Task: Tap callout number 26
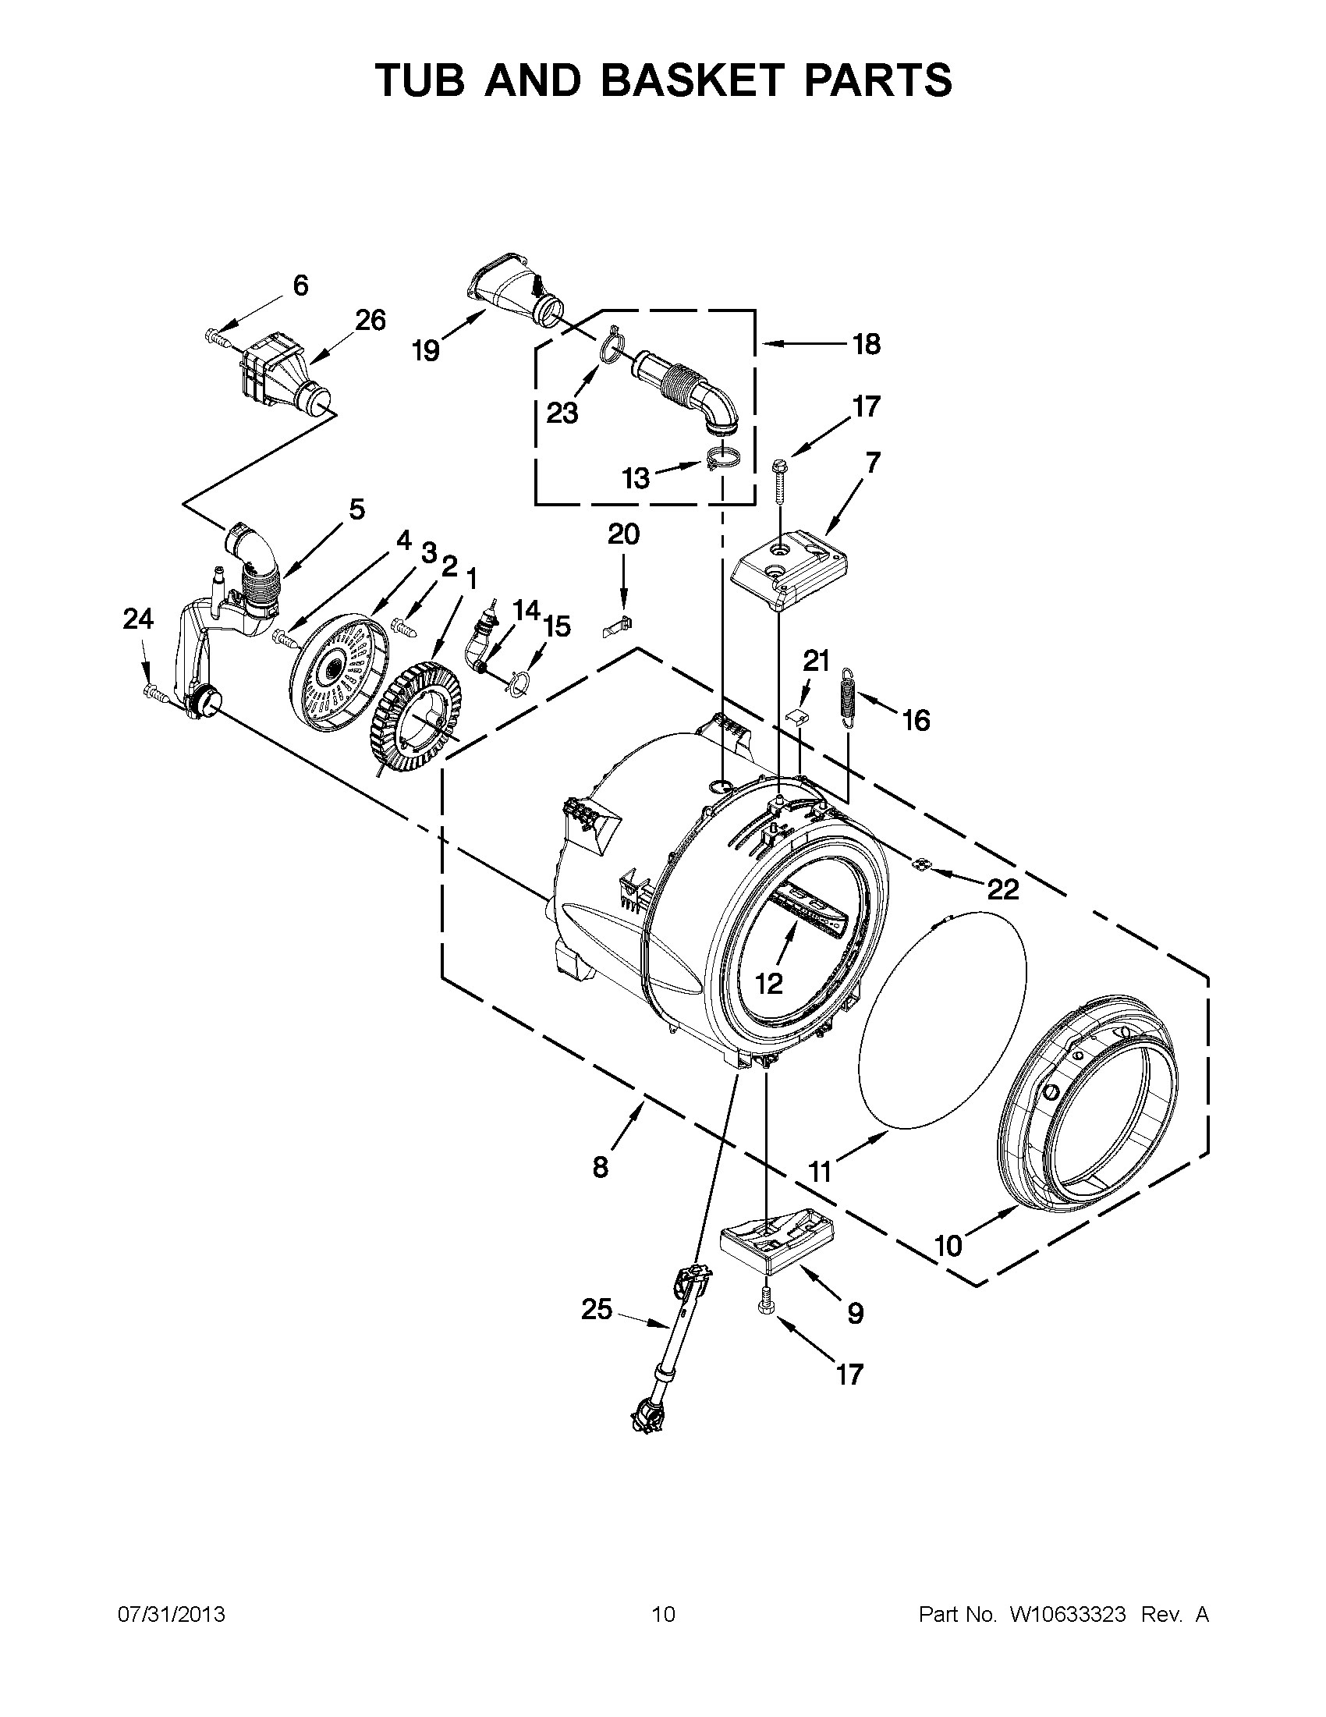[370, 320]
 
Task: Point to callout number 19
[426, 350]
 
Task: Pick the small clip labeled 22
[918, 865]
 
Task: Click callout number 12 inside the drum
[770, 983]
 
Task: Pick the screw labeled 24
[156, 694]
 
